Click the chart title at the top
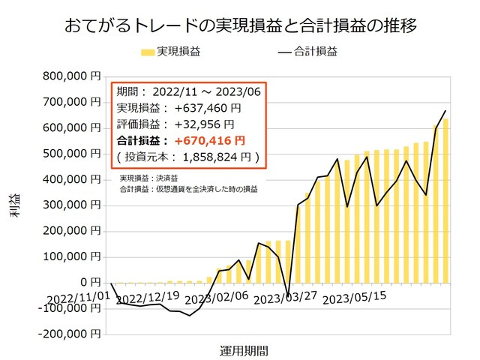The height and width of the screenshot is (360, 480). (240, 25)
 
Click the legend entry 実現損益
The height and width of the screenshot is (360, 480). (177, 52)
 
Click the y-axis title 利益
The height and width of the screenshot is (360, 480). (16, 204)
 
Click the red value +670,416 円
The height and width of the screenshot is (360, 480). (209, 140)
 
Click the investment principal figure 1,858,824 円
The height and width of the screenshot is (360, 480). (220, 157)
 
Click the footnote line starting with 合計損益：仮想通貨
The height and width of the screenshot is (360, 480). (189, 190)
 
